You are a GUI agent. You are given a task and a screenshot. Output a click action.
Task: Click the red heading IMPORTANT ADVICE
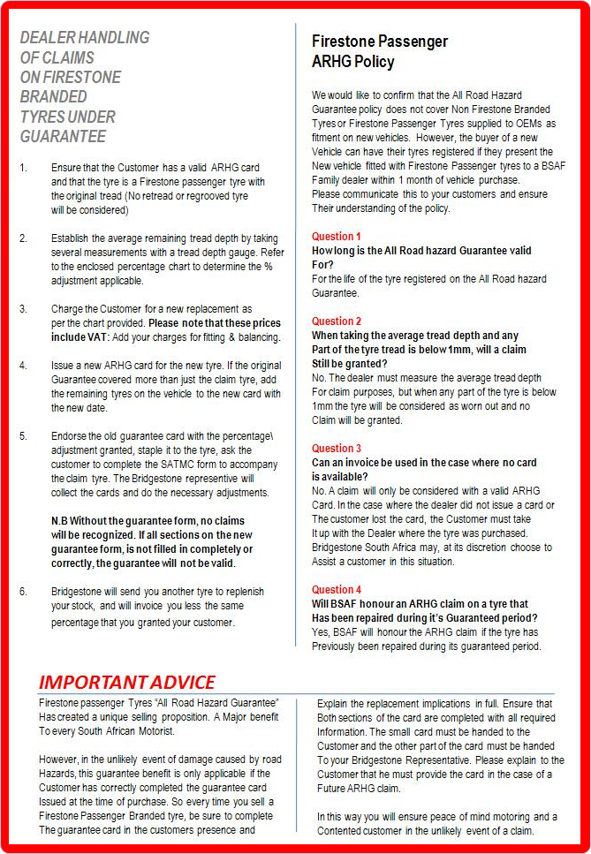tap(126, 682)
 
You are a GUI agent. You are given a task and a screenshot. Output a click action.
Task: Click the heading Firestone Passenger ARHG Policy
tap(380, 51)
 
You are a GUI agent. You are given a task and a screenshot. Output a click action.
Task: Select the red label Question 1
tap(337, 237)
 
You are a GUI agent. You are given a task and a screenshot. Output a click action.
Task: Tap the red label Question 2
tap(337, 321)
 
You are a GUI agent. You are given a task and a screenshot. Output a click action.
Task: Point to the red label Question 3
tap(337, 449)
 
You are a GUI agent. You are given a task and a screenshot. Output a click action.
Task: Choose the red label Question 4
tap(337, 590)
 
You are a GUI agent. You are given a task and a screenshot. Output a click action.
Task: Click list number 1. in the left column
tap(24, 168)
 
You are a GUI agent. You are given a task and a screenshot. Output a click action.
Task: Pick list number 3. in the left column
tap(24, 309)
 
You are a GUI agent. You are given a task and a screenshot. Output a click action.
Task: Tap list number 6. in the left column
tap(24, 592)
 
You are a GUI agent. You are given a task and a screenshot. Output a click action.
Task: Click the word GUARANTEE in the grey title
tap(63, 136)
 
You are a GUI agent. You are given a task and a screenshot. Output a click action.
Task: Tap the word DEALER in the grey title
tap(47, 38)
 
